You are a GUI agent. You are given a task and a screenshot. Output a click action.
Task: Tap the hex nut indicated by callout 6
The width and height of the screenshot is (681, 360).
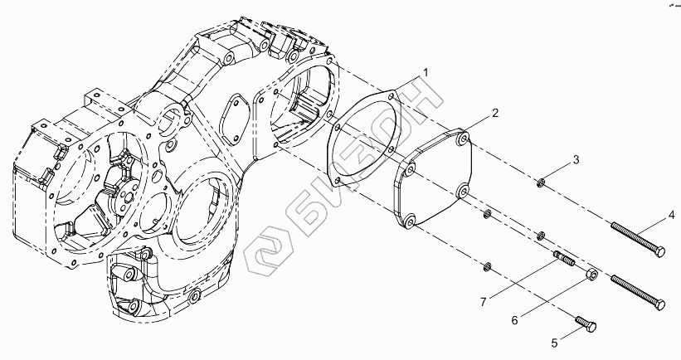pos(590,275)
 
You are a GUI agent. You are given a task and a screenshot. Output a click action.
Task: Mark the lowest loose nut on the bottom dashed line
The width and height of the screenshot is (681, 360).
pos(489,266)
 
